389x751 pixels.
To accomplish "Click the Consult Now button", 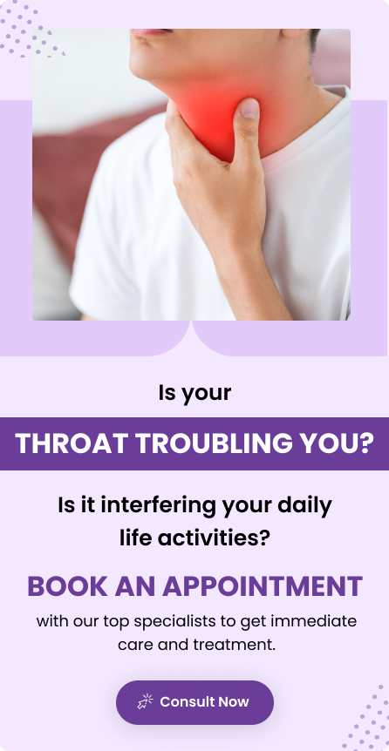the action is point(194,702).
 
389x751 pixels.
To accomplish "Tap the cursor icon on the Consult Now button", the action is point(146,701).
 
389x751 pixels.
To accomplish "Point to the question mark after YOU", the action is point(365,443).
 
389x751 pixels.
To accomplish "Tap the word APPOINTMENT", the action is point(263,586).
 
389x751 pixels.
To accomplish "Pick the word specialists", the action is point(174,622).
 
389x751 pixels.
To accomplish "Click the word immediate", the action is point(314,622).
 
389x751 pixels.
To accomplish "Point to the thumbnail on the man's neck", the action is point(249,108).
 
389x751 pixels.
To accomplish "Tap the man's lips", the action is point(148,32).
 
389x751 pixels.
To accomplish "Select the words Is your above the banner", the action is point(194,394).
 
